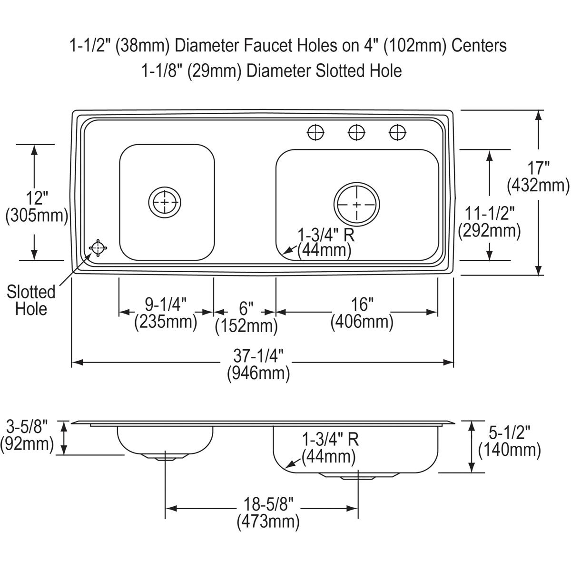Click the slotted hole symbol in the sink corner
pyautogui.click(x=98, y=248)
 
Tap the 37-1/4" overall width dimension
pyautogui.click(x=258, y=356)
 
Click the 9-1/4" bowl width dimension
pyautogui.click(x=166, y=305)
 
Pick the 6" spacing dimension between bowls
pyautogui.click(x=246, y=308)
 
